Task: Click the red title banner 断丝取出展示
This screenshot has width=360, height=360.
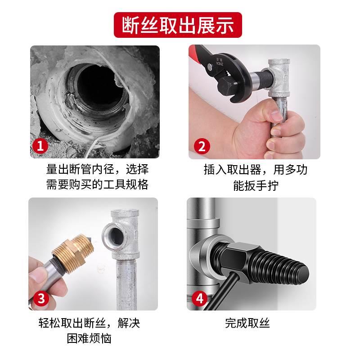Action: pyautogui.click(x=178, y=25)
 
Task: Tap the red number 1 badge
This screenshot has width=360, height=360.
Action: pyautogui.click(x=40, y=146)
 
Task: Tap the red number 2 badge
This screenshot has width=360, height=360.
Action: pyautogui.click(x=202, y=146)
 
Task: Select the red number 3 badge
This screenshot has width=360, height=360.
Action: pyautogui.click(x=41, y=298)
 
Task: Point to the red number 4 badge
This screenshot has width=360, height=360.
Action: pyautogui.click(x=200, y=298)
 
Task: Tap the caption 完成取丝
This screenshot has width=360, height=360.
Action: pyautogui.click(x=247, y=323)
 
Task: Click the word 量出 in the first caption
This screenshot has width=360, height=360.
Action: pyautogui.click(x=58, y=169)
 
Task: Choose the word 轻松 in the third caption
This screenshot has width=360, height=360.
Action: pyautogui.click(x=50, y=323)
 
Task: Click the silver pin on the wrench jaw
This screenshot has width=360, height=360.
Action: pyautogui.click(x=209, y=67)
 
